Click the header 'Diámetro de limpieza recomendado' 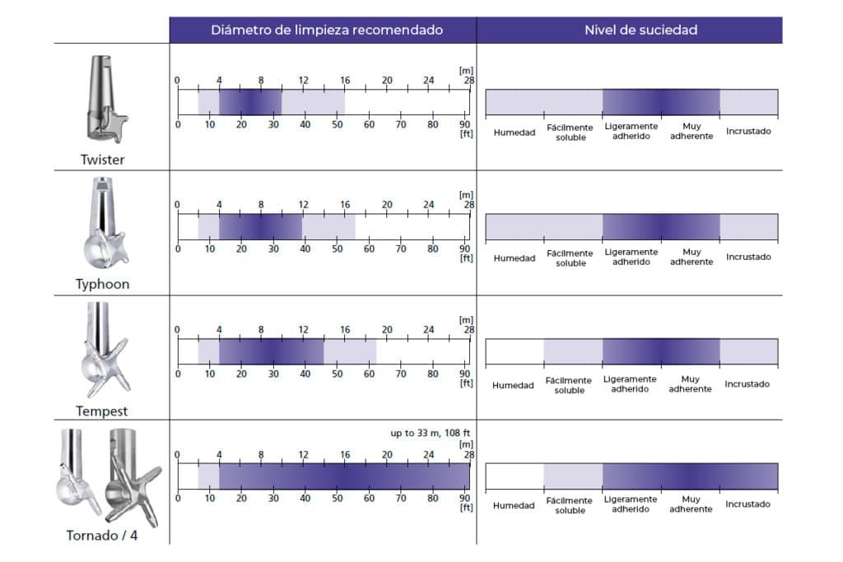tap(327, 30)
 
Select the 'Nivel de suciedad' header tap(640, 30)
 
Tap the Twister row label tap(103, 160)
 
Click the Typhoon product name tap(103, 284)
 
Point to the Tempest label tap(103, 411)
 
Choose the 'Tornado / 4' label tap(103, 536)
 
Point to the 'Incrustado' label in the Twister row tap(748, 132)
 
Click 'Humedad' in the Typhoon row tap(514, 258)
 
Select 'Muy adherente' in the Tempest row tap(691, 384)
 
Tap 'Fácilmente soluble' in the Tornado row tap(570, 505)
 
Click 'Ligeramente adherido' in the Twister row tap(631, 132)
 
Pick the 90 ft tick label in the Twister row tap(464, 124)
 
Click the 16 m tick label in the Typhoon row tap(345, 205)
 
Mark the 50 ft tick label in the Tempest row tap(337, 374)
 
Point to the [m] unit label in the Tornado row tap(465, 444)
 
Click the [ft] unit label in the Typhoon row tap(465, 258)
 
